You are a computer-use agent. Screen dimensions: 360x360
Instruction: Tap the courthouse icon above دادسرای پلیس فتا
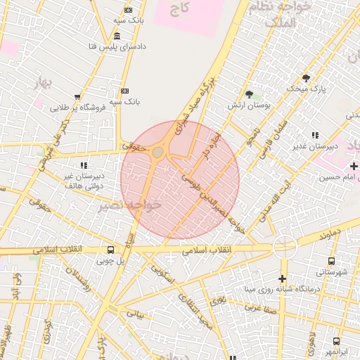116,36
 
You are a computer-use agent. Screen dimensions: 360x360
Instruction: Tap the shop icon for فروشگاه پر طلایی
77,98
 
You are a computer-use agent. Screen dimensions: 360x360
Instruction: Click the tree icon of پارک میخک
305,78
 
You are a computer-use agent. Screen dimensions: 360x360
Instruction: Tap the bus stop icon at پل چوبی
111,250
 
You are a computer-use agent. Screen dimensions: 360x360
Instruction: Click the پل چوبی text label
110,262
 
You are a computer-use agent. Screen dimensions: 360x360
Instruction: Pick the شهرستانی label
332,271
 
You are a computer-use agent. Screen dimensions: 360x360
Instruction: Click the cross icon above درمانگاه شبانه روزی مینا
283,278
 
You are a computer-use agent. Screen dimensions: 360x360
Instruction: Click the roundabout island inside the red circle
157,152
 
